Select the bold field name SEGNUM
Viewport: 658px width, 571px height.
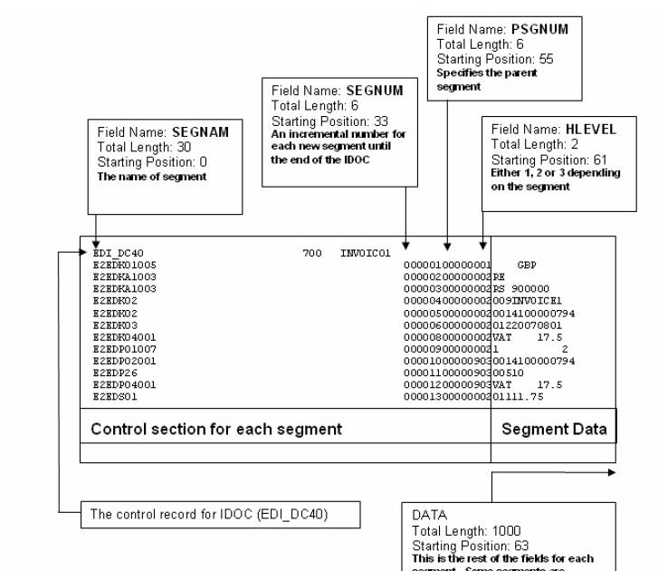pyautogui.click(x=377, y=92)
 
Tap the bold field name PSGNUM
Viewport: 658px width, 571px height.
pyautogui.click(x=541, y=29)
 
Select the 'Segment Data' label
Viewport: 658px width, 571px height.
pyautogui.click(x=554, y=429)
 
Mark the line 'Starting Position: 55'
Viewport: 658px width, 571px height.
pyautogui.click(x=494, y=59)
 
